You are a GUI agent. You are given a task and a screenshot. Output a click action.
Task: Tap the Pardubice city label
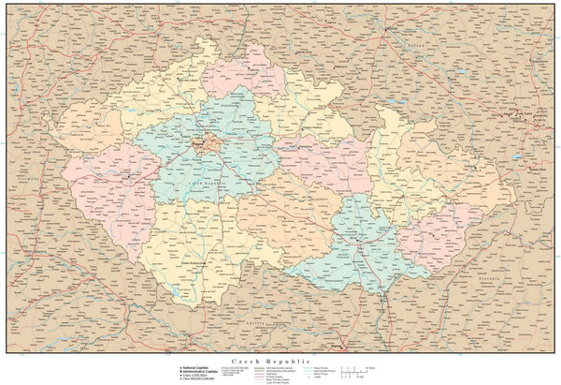(294, 147)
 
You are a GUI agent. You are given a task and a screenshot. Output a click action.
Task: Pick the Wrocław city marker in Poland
(386, 27)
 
